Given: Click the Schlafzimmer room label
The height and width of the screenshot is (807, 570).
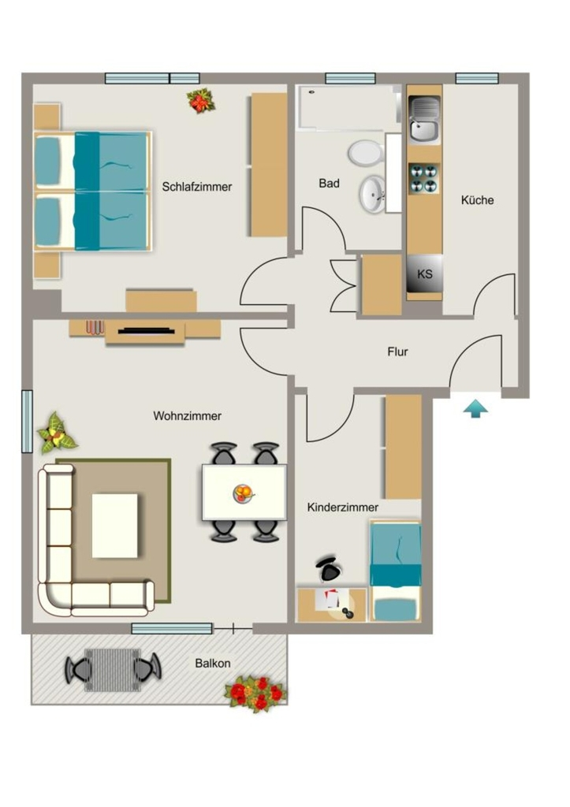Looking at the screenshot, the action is pyautogui.click(x=196, y=187).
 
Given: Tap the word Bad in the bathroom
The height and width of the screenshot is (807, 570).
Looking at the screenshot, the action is pyautogui.click(x=329, y=183).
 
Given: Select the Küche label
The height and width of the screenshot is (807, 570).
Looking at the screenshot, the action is pyautogui.click(x=477, y=199).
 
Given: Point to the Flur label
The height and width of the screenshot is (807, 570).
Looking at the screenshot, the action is pyautogui.click(x=397, y=351).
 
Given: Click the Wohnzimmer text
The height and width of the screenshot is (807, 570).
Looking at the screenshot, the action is pyautogui.click(x=188, y=416).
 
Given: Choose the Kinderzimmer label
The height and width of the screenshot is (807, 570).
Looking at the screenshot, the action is pyautogui.click(x=343, y=507).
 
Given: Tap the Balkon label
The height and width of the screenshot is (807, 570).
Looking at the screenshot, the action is pyautogui.click(x=213, y=663).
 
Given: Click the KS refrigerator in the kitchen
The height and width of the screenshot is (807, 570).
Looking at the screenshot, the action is pyautogui.click(x=425, y=273).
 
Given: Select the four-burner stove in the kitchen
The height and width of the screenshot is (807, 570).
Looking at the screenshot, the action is pyautogui.click(x=425, y=178).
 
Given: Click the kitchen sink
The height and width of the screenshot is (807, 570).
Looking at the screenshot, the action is pyautogui.click(x=425, y=120).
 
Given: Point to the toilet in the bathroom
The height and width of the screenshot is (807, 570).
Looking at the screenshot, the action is pyautogui.click(x=367, y=153).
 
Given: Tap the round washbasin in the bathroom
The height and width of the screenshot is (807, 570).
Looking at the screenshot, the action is pyautogui.click(x=372, y=194).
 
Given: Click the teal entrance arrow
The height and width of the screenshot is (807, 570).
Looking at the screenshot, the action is pyautogui.click(x=475, y=409).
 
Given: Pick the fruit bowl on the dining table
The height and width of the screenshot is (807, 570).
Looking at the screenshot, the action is pyautogui.click(x=244, y=493).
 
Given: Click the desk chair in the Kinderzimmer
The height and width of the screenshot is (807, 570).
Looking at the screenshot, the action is pyautogui.click(x=329, y=568).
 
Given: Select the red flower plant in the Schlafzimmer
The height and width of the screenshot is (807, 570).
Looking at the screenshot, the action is pyautogui.click(x=201, y=101).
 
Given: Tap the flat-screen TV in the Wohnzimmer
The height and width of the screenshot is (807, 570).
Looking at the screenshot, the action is pyautogui.click(x=145, y=330).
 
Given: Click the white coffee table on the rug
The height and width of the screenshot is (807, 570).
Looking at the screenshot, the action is pyautogui.click(x=115, y=526).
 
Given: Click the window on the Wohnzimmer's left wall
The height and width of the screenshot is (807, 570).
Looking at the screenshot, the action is pyautogui.click(x=27, y=422).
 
